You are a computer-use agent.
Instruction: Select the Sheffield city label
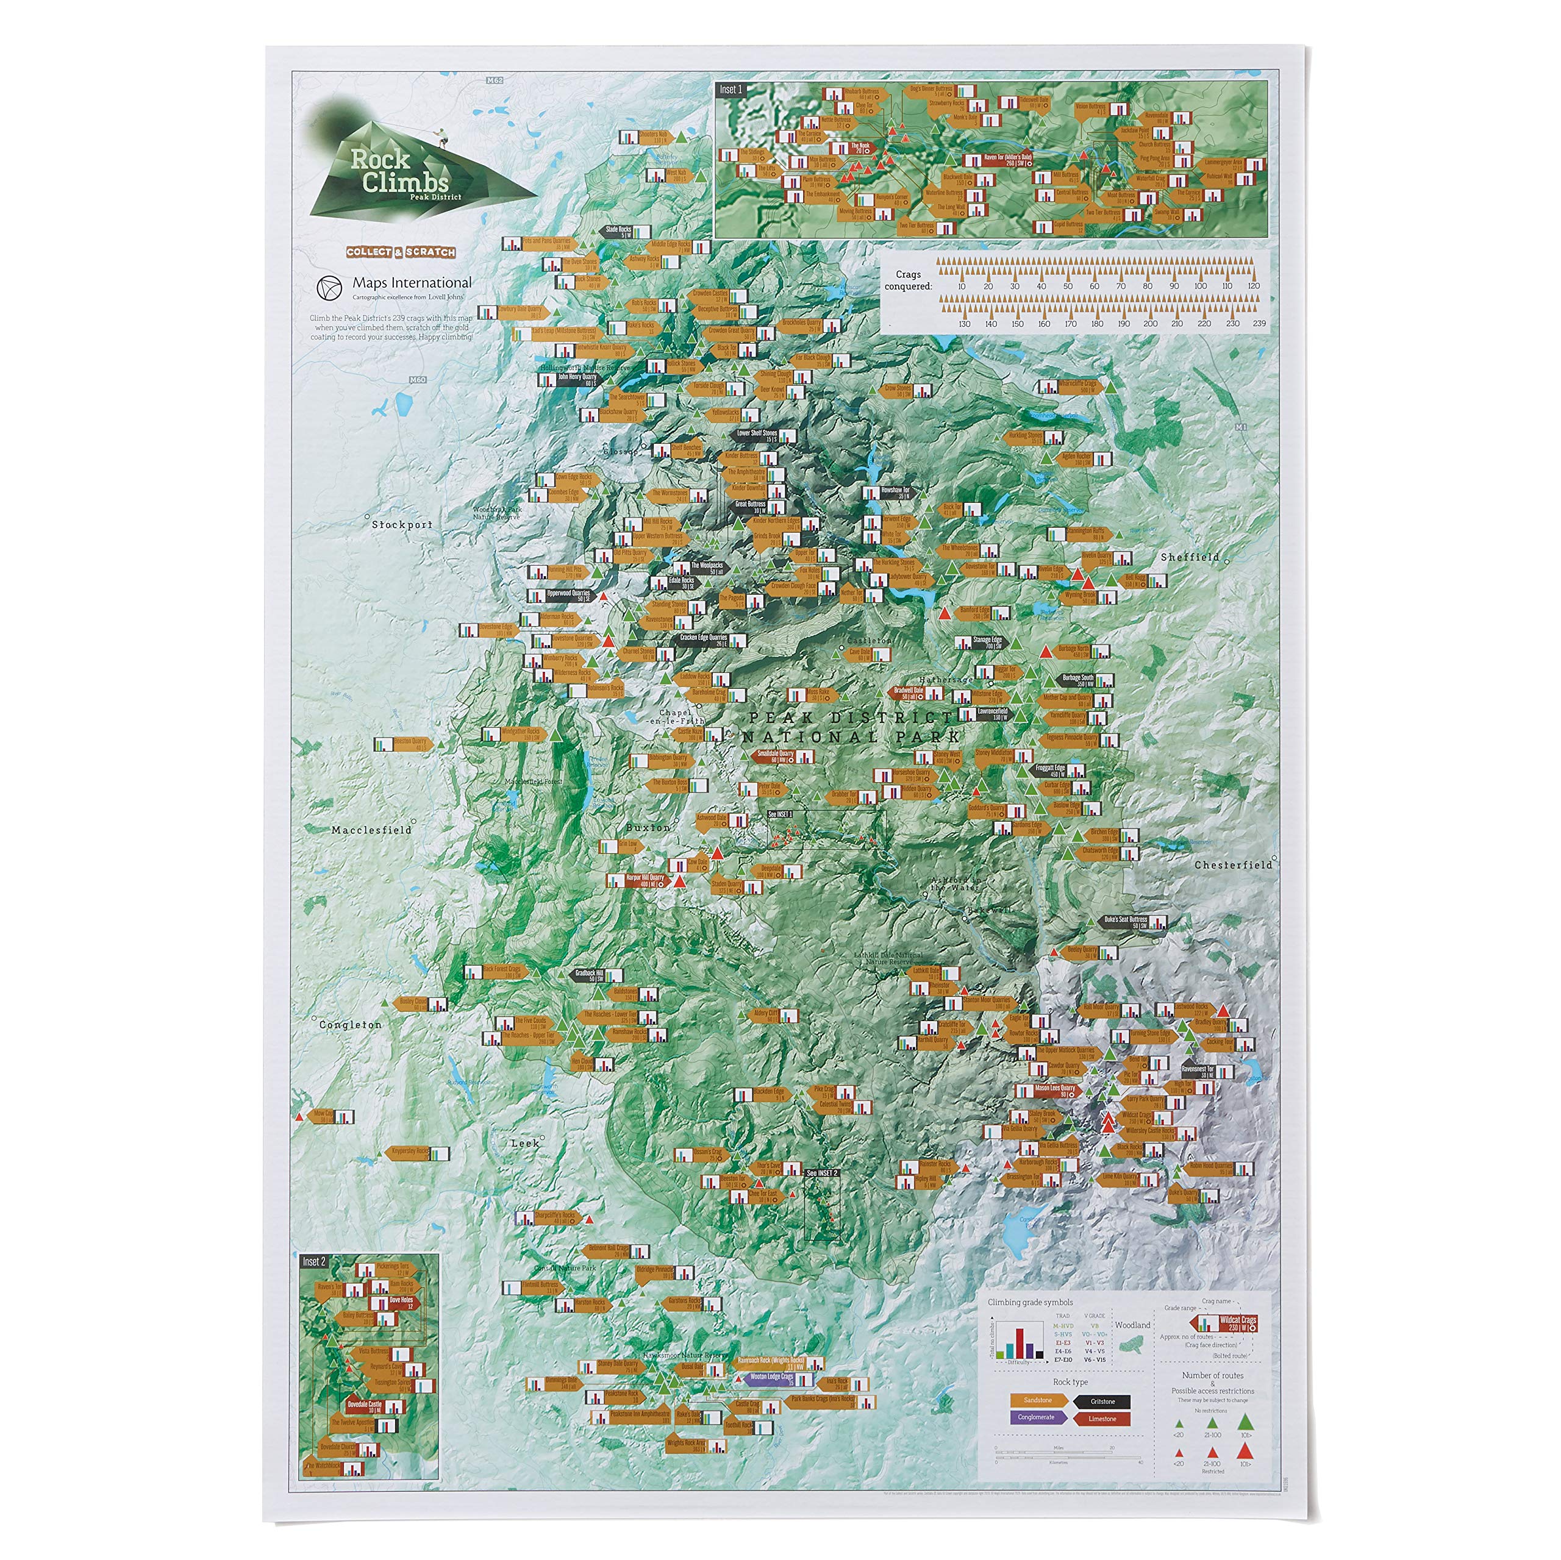coord(1189,557)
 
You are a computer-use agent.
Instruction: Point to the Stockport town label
coord(402,524)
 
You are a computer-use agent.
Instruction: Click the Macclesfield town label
coord(371,830)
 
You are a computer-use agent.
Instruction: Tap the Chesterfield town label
coord(1233,864)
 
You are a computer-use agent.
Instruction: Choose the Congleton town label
coord(350,1024)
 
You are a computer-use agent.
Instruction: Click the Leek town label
coord(524,1143)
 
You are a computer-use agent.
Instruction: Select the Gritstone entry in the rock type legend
coord(1102,1402)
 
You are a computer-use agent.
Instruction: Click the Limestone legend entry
coord(1101,1419)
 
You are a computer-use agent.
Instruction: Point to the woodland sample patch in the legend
coord(1132,1345)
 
